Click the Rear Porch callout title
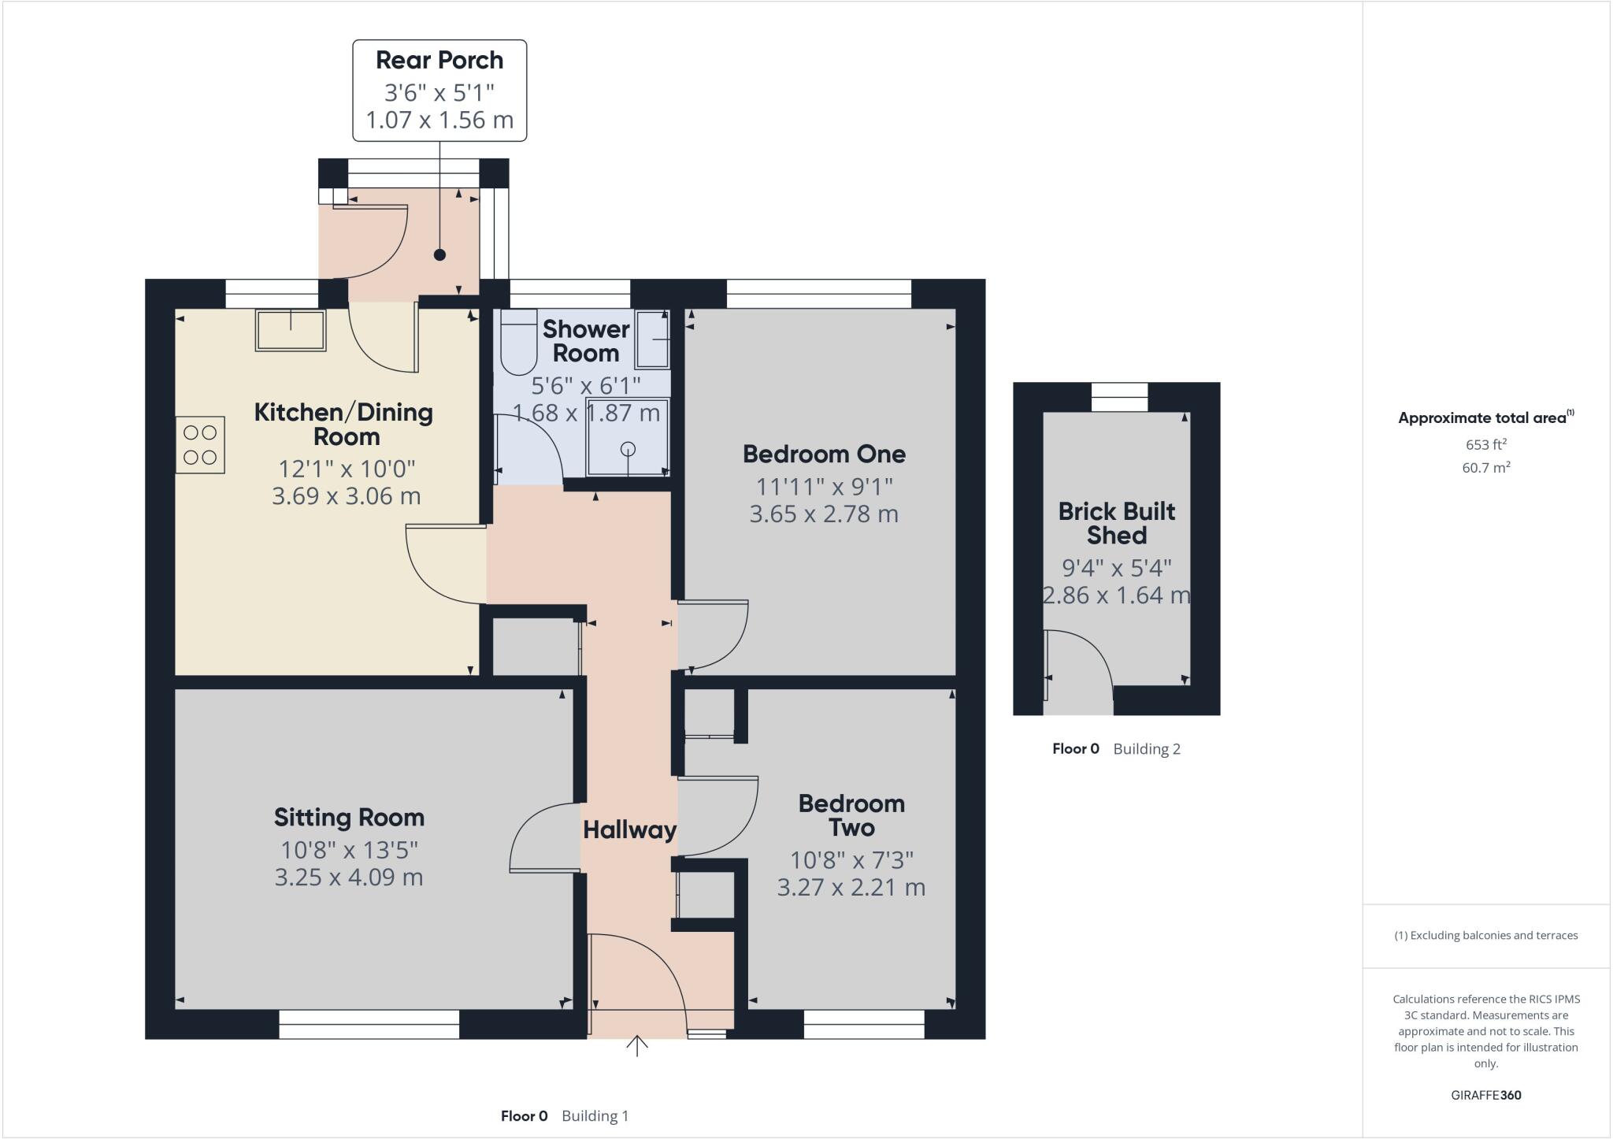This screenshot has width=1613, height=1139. [439, 60]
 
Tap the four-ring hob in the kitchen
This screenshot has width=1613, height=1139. [200, 445]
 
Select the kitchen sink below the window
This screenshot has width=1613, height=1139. [290, 330]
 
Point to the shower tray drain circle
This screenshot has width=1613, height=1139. [628, 449]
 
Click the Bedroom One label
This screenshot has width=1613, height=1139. [824, 454]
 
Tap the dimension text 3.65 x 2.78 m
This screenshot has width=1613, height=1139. [824, 514]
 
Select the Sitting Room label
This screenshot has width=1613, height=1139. [349, 817]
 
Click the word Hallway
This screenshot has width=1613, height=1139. [629, 829]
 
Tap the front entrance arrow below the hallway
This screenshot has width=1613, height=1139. [636, 1046]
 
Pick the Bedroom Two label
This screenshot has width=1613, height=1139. [851, 815]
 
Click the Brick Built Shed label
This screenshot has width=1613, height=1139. [1116, 523]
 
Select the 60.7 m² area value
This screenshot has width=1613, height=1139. [1485, 468]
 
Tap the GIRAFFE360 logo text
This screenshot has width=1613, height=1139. [1485, 1095]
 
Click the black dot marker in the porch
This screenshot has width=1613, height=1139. [439, 254]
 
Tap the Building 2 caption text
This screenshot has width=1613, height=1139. [1146, 749]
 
